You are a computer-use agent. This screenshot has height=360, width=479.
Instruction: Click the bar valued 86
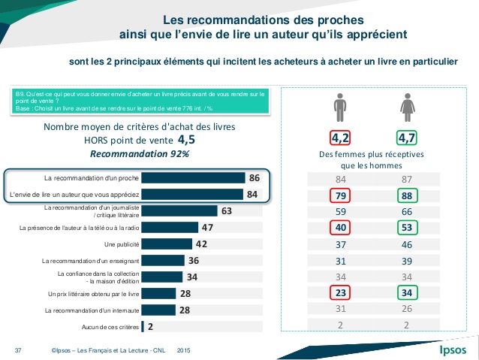193,178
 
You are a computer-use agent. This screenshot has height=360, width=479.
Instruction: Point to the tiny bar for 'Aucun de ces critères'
143,327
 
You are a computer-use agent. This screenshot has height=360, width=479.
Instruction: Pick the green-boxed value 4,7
408,138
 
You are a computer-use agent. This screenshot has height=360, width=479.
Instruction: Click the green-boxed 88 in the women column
408,195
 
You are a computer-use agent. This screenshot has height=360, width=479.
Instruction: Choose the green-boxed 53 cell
408,228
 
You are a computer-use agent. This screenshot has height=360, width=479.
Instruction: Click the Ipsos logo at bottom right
452,350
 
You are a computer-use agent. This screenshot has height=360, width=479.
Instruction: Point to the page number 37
18,351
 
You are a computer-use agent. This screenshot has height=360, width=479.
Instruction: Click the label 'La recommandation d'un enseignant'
89,261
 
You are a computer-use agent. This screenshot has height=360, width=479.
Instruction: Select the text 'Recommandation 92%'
139,153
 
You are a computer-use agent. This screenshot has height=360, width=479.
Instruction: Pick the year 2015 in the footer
183,351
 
